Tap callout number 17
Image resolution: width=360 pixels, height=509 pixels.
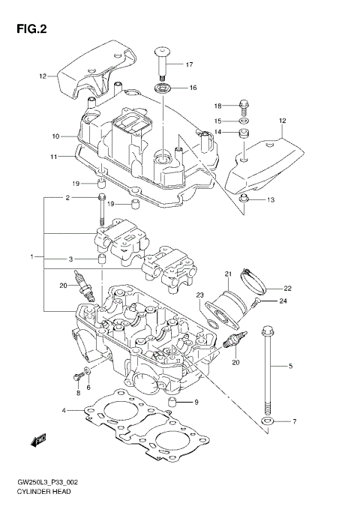click(x=190, y=64)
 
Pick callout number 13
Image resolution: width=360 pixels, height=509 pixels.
click(x=271, y=200)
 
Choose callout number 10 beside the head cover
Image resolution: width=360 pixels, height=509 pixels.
click(x=55, y=136)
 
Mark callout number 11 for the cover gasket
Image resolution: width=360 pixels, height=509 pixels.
click(x=55, y=157)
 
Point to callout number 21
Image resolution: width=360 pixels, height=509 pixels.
click(x=227, y=273)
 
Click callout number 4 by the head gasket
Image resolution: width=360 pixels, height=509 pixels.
click(x=66, y=409)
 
